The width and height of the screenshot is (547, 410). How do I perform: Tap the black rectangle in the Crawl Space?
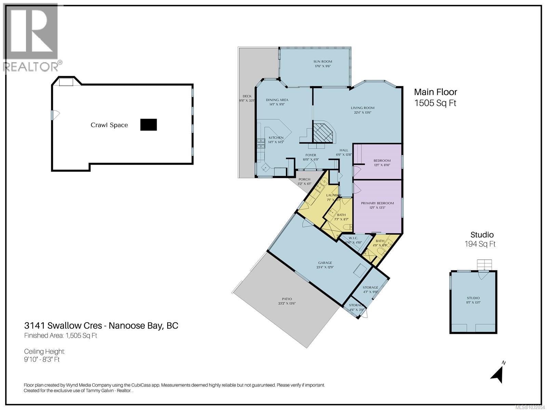148,125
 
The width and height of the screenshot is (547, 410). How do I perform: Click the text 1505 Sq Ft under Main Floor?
435,103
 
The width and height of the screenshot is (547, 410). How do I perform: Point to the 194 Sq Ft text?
480,244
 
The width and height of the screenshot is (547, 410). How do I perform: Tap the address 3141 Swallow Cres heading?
101,325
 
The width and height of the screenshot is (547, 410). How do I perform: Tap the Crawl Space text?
109,125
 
